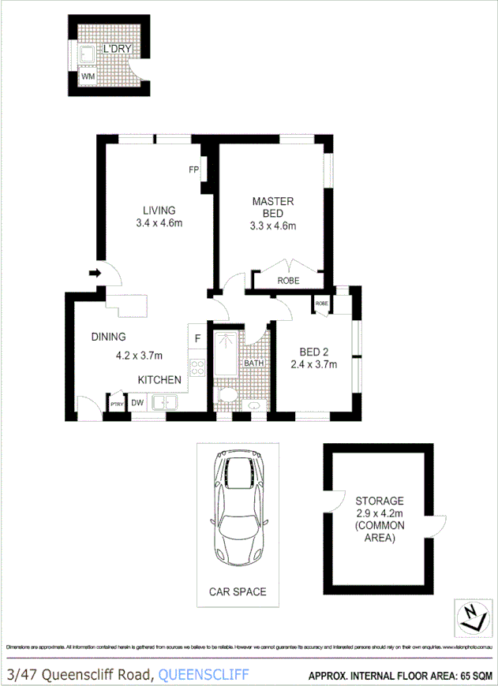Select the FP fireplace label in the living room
193,170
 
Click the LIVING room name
159,210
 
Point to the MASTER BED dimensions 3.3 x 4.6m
272,226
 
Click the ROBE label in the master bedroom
288,281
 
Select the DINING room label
108,337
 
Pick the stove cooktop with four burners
197,367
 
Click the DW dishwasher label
137,402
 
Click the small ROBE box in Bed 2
322,304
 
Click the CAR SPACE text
237,591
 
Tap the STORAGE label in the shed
379,501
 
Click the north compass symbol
470,616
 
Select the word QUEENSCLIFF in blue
204,673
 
